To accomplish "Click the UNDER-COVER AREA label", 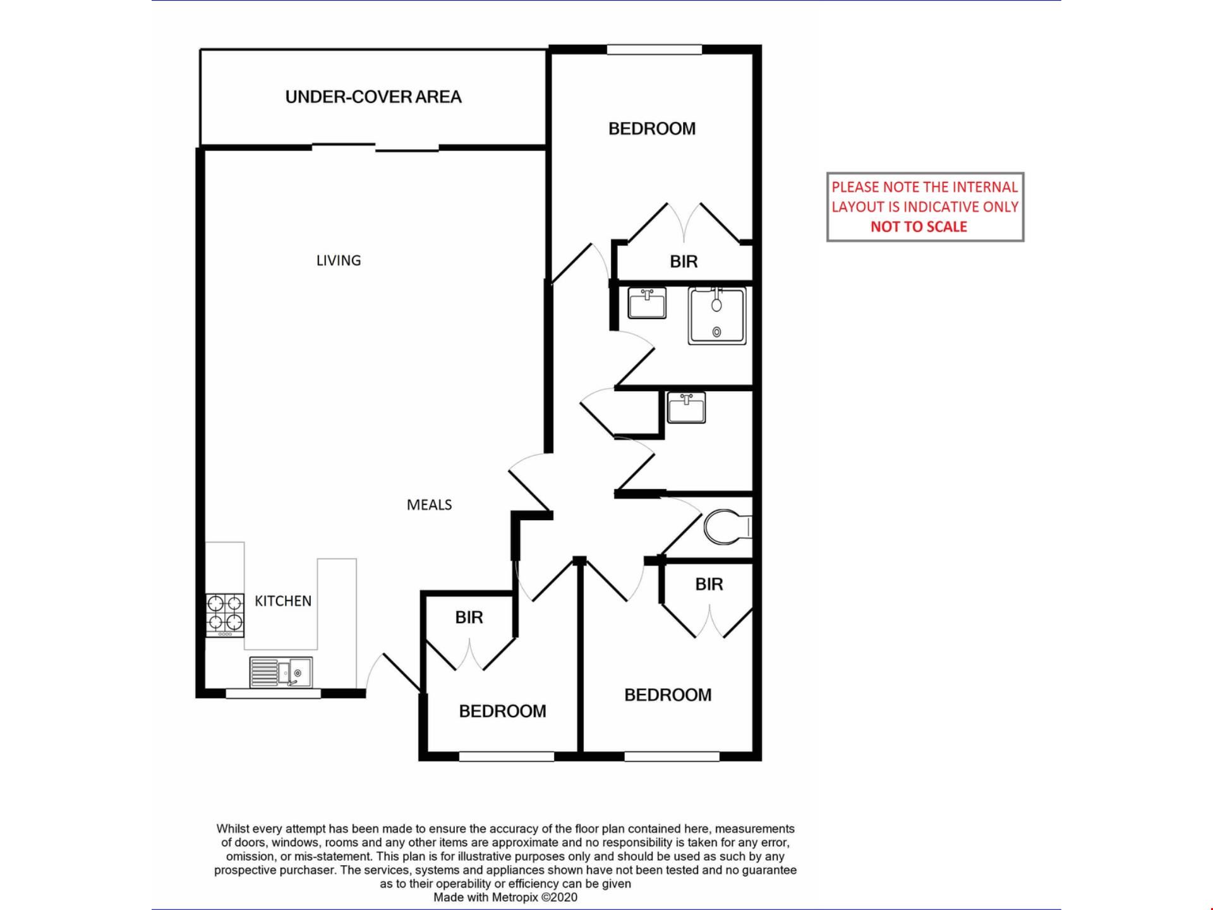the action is pos(373,97).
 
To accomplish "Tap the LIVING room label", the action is pos(339,260).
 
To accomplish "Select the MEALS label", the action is pos(429,504).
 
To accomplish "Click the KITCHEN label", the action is pos(283,601).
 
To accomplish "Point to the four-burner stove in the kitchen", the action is pos(225,616).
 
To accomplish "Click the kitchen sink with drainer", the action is pos(281,672).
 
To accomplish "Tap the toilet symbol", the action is pos(728,527).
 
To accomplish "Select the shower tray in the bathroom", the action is pos(717,316).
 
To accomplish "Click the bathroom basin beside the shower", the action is pos(647,303).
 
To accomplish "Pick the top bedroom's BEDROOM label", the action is pos(652,129).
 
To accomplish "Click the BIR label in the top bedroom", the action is pos(684,262).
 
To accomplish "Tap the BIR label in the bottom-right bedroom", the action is pos(709,585).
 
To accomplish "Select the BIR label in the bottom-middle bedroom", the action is pos(469,617).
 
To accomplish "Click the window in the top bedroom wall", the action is pos(655,49).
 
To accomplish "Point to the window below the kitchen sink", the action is pos(273,694).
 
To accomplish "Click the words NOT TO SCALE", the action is pos(919,227).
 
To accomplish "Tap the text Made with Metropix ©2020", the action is pos(505,897).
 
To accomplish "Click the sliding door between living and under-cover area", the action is pos(375,148).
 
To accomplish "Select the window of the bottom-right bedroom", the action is pos(672,756).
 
